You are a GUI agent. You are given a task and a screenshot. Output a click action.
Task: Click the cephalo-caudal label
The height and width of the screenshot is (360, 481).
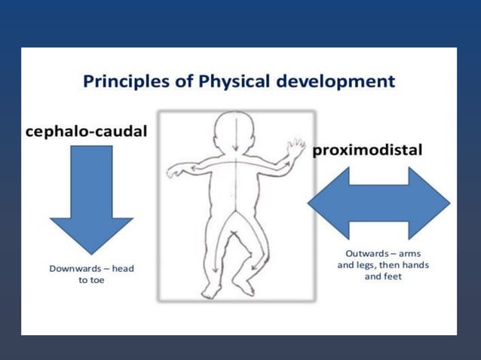tap(86, 131)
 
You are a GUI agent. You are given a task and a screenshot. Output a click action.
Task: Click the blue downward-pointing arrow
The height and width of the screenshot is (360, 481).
tap(91, 197)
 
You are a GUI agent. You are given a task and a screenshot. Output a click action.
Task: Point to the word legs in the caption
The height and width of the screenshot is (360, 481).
tap(367, 264)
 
